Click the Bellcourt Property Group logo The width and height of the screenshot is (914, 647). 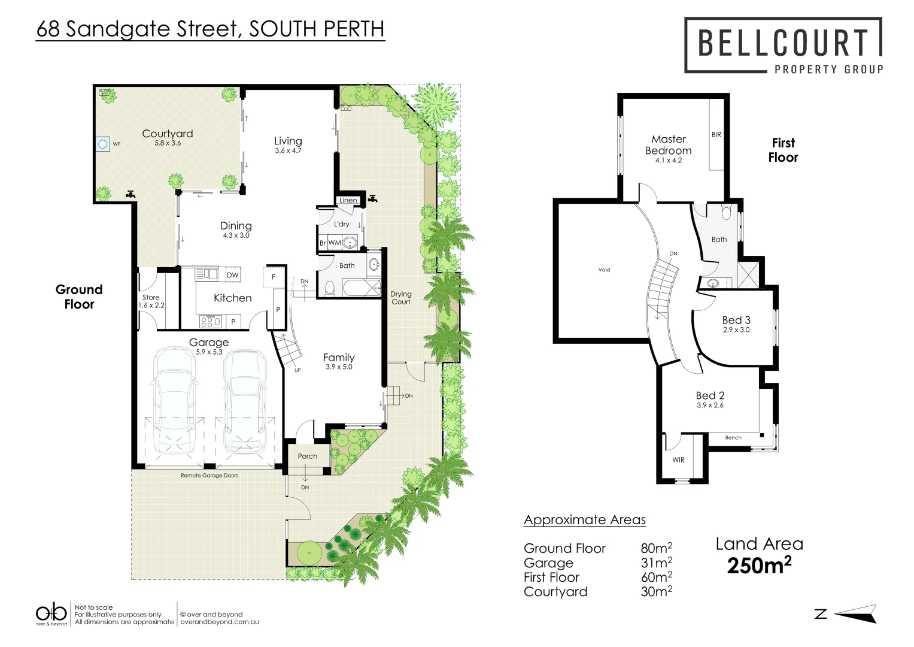tap(783, 46)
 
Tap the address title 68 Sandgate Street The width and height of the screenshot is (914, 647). tap(209, 29)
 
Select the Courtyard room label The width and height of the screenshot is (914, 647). tap(167, 134)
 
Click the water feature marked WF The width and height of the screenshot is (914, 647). tap(103, 144)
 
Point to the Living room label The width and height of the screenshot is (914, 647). tap(288, 141)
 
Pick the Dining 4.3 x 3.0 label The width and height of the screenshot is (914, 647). tap(236, 229)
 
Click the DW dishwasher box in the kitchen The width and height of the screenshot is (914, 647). tap(233, 275)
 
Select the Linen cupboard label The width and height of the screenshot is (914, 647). tap(348, 200)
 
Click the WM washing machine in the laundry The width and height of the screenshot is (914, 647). tap(335, 243)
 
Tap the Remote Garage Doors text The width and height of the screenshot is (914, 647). tap(209, 476)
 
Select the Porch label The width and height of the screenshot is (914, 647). tap(308, 456)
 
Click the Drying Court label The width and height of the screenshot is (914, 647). tap(401, 298)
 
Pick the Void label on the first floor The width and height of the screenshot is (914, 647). tap(605, 270)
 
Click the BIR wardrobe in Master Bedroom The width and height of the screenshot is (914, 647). tap(716, 135)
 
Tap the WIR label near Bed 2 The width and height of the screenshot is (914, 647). tap(678, 460)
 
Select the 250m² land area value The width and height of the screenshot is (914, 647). tap(759, 565)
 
